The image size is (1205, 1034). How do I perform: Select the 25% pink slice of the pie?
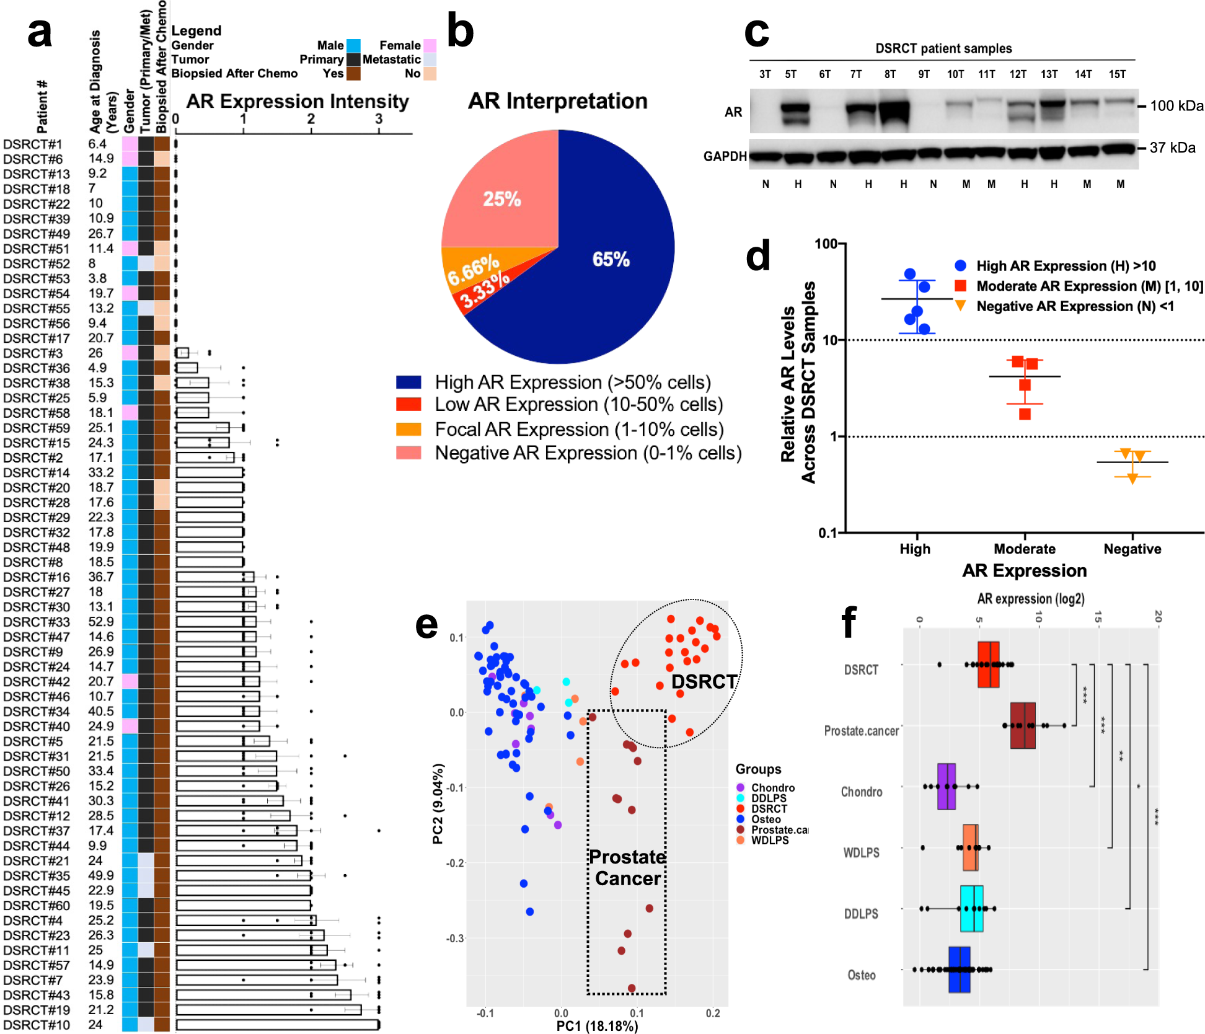(501, 199)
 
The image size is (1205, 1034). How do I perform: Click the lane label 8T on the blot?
(890, 74)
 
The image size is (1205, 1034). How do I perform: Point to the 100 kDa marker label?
(1176, 106)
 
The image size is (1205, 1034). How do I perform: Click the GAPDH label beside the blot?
(725, 156)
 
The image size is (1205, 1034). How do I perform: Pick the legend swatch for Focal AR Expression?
(408, 429)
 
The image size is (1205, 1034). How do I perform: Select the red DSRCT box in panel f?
(988, 665)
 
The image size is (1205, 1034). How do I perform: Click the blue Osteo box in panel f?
(959, 970)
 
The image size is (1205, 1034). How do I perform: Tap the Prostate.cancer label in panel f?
(861, 731)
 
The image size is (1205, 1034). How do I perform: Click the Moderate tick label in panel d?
(1024, 549)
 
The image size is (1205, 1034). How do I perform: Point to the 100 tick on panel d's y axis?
(826, 244)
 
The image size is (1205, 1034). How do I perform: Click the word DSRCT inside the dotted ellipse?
(704, 682)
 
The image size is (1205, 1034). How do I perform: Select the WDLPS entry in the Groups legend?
(769, 841)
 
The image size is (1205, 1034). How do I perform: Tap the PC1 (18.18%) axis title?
(597, 1026)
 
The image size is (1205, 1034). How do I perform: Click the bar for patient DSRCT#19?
(268, 1010)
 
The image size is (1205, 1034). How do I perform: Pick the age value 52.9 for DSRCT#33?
(101, 621)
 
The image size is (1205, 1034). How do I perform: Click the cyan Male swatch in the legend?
(353, 45)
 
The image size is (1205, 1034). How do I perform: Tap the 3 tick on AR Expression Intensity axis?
(379, 120)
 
